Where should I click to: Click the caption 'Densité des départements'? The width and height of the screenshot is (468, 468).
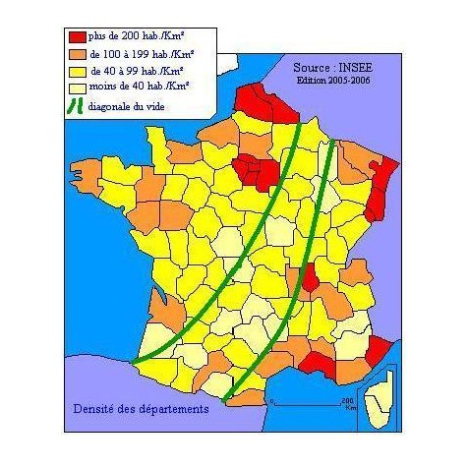pyautogui.click(x=142, y=408)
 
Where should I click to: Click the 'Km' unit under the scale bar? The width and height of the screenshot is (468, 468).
pyautogui.click(x=350, y=407)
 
